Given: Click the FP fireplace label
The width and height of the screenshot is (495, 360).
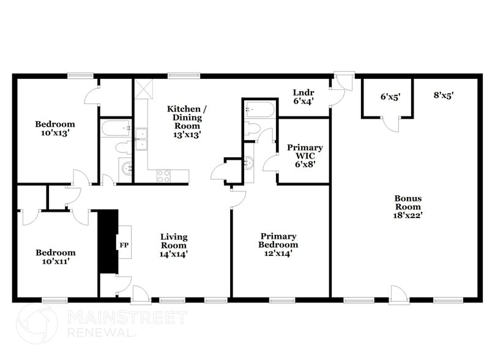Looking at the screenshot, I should coord(123,246).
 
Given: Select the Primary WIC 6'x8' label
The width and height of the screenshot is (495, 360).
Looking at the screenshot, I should coord(305,156).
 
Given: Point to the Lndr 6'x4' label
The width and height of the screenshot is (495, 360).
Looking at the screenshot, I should coord(304,97).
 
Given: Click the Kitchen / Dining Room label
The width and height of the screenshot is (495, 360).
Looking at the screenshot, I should coord(187,121).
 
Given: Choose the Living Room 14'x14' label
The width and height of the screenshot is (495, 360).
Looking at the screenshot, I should coord(174,245).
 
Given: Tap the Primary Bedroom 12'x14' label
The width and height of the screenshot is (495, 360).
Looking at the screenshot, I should coord(278,244).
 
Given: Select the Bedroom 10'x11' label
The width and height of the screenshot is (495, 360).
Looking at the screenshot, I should coord(55,257).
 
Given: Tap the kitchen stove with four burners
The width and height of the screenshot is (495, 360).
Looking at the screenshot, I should coord(164,176).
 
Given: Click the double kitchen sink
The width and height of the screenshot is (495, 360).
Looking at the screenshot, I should coord(141,139).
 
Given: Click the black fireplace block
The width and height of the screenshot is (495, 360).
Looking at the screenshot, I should coord(108,241).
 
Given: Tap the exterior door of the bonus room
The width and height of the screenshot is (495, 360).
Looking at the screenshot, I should coord(398,294).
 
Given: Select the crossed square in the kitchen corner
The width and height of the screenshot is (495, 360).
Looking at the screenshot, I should coord(144,89).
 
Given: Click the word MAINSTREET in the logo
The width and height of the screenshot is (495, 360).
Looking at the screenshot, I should coord(126,318).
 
